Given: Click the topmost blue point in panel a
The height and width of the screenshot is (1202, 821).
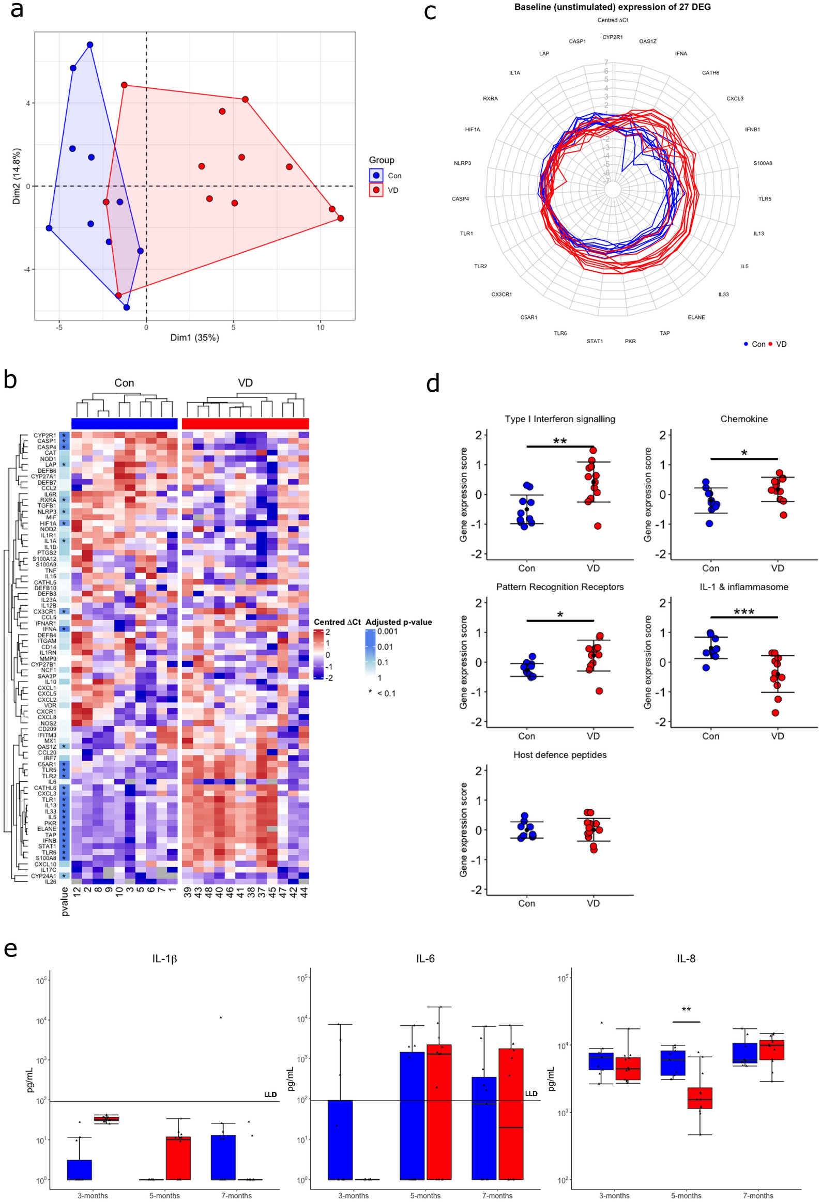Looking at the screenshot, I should coord(90,45).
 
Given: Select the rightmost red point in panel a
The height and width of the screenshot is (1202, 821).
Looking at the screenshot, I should coord(340,218).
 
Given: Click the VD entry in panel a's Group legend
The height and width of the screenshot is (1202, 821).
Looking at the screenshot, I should coord(392,190).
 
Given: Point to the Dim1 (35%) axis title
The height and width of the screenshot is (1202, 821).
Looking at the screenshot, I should coord(194,338).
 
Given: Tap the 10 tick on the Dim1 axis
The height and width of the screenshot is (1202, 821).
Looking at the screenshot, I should coord(320,328).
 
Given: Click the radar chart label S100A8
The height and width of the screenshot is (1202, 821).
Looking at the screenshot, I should coord(762,163).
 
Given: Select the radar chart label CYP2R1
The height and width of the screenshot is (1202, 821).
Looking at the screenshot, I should coord(612,37).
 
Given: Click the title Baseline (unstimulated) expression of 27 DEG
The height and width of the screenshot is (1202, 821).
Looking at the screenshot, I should coord(612,7).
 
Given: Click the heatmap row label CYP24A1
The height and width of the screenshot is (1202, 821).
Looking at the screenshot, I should coord(43,876).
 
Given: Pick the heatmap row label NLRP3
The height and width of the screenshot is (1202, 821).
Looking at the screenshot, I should coord(47,512).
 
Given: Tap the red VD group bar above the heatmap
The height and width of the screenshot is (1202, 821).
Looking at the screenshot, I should coord(245,424).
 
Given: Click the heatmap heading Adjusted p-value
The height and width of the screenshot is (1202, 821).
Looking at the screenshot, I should coord(398,622).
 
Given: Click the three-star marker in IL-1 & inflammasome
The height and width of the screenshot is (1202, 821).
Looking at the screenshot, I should coord(743,612).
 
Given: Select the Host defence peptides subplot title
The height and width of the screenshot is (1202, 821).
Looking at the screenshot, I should coord(560,754).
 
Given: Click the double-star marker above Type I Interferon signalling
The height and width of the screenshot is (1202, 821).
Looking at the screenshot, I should coord(560,441).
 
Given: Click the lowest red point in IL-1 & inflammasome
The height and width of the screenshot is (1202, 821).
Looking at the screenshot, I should coord(775,713).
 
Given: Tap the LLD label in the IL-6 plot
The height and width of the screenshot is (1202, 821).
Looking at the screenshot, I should coord(531,1094).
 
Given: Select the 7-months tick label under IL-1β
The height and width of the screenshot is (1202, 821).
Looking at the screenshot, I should coord(236,1195).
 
